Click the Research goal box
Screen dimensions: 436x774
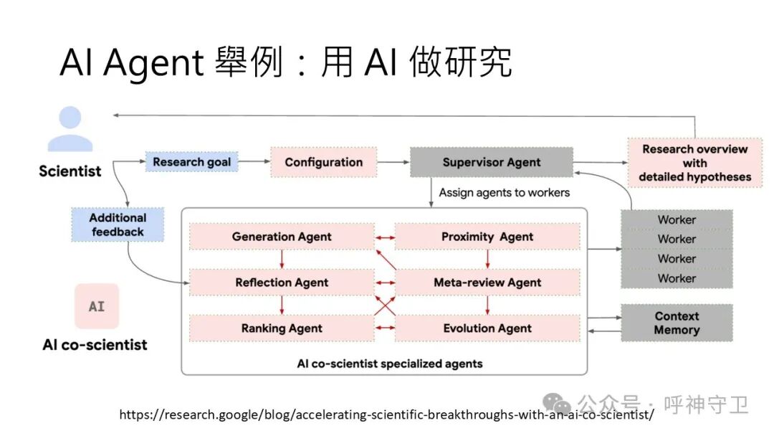point(191,162)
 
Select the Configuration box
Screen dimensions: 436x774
point(323,162)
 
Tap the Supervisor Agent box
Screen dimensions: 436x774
point(491,162)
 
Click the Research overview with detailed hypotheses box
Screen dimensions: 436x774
point(694,163)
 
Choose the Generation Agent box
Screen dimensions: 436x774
point(282,237)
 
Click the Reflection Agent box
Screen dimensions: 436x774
point(282,283)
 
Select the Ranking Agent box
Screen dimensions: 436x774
point(282,328)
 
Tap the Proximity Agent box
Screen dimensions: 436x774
point(487,237)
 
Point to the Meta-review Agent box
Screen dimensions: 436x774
point(487,283)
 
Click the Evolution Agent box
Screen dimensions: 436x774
point(487,328)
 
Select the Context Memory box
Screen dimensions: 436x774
point(677,323)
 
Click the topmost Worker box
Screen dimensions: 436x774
point(677,219)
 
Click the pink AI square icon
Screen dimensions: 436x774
point(97,306)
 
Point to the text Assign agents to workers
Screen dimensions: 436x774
point(505,192)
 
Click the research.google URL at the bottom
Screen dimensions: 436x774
point(386,414)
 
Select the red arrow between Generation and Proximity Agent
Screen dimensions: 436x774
point(385,237)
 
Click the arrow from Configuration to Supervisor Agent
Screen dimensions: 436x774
point(393,162)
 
